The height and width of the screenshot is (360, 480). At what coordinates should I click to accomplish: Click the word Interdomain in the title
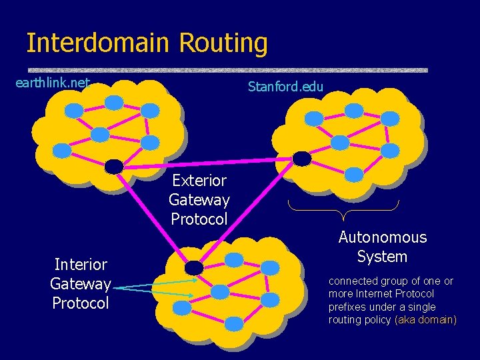click(98, 43)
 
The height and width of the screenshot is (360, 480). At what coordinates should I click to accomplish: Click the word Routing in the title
click(223, 43)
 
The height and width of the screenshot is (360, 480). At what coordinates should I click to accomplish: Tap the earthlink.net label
click(52, 83)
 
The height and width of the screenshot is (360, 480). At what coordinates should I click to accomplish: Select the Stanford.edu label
click(285, 86)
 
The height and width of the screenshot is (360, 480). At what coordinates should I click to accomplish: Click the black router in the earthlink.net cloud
click(114, 165)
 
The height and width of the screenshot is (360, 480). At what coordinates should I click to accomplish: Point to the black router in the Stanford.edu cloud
click(302, 158)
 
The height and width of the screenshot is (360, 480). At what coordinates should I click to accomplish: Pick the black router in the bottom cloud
click(194, 267)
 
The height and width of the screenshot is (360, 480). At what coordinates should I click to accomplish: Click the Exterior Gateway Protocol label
click(199, 199)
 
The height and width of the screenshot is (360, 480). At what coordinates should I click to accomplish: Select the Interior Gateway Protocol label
click(80, 284)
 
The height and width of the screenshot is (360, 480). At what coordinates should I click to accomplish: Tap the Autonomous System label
click(382, 247)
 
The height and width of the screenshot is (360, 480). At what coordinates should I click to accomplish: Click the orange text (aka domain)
click(426, 320)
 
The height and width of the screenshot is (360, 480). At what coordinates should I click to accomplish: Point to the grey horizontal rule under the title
click(227, 69)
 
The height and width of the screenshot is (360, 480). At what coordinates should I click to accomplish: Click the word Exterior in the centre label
click(199, 180)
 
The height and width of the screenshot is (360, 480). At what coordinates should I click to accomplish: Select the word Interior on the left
click(81, 265)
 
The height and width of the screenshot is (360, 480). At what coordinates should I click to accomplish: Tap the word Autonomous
click(382, 237)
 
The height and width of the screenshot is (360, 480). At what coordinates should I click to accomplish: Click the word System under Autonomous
click(382, 257)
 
